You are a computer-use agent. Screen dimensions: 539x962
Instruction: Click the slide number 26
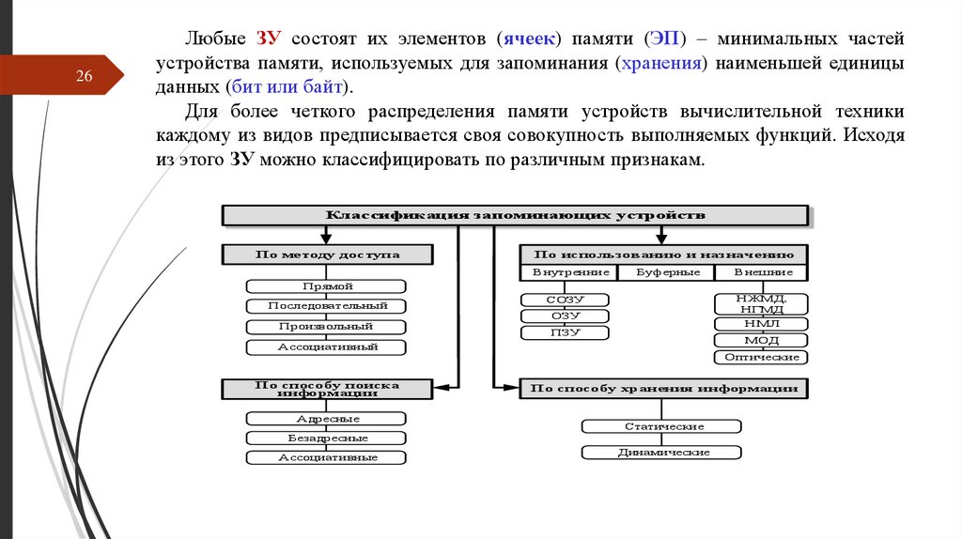(x=85, y=76)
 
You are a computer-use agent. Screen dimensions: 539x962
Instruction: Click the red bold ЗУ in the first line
(x=269, y=39)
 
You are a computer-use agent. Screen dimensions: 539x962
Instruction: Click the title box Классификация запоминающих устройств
(x=515, y=215)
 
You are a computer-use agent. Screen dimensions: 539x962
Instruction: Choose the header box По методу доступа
(x=327, y=254)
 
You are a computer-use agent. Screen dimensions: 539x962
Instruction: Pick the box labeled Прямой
(x=327, y=285)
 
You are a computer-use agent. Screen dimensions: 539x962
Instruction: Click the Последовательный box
(x=327, y=306)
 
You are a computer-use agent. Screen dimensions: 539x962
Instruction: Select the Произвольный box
(x=327, y=327)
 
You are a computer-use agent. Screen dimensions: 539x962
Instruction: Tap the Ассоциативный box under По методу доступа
(x=327, y=347)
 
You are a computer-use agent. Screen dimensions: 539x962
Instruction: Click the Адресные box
(x=327, y=419)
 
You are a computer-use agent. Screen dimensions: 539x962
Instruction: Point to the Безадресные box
(x=327, y=439)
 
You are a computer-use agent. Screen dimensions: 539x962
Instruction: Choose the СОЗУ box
(x=566, y=300)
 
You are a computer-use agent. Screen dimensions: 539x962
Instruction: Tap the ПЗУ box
(x=566, y=332)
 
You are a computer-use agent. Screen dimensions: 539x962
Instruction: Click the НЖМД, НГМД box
(x=762, y=302)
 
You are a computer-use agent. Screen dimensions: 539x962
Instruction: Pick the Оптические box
(x=762, y=357)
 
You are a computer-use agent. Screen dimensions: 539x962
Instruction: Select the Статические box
(x=664, y=426)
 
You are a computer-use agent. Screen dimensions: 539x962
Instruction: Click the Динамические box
(x=664, y=453)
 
